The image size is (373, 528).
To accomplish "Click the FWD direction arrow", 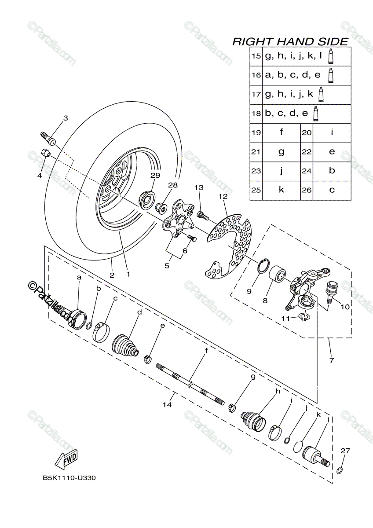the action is [x=66, y=460].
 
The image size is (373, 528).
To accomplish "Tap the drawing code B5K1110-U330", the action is [x=69, y=478].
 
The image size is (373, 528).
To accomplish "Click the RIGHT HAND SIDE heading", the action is [x=290, y=42].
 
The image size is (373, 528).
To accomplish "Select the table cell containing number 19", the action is [x=256, y=132].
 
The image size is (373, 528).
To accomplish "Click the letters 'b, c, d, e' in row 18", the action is [x=286, y=114].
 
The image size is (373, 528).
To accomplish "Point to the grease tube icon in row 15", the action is [x=331, y=56].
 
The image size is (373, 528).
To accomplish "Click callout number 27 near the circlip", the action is [x=345, y=450].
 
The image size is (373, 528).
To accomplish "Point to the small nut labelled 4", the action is [x=45, y=154].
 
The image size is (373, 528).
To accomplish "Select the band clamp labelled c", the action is [x=101, y=331].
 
